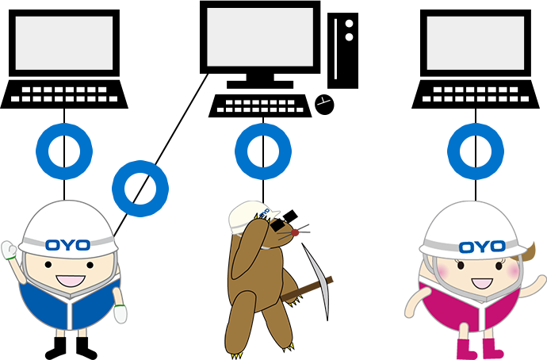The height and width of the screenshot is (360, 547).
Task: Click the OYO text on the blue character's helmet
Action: pyautogui.click(x=67, y=244)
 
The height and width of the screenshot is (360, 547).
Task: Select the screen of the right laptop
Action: pyautogui.click(x=476, y=43)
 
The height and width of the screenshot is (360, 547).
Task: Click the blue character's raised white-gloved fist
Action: pyautogui.click(x=11, y=252)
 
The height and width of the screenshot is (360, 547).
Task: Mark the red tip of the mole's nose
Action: pyautogui.click(x=298, y=232)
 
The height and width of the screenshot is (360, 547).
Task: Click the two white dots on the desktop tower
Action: pyautogui.click(x=349, y=29)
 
